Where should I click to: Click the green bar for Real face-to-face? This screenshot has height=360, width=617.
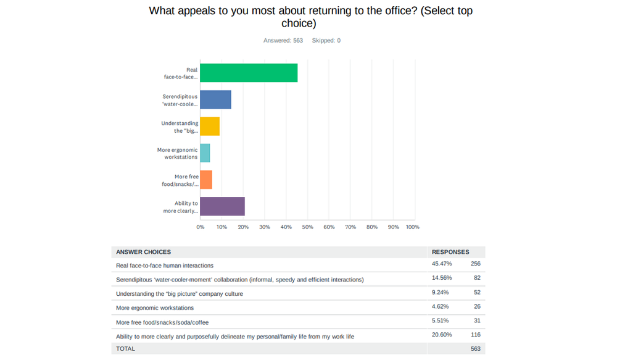point(249,73)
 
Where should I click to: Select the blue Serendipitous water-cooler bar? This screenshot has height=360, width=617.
point(215,99)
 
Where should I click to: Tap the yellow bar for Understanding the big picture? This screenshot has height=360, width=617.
point(210,126)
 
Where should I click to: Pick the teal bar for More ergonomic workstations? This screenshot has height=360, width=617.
point(205,153)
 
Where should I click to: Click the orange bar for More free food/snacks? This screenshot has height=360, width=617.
point(206,180)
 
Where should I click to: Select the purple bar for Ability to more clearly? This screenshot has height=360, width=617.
point(222,206)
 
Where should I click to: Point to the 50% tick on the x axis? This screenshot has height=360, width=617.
point(307,227)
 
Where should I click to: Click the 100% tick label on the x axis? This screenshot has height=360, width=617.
point(412,227)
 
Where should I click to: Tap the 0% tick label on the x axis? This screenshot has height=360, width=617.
point(201,227)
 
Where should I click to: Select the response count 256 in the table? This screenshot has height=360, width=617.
point(474,264)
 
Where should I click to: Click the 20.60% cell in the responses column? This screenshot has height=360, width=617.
point(441,335)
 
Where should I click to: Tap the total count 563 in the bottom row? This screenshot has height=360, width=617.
point(474,349)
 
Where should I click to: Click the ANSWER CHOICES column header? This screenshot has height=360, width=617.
point(143,252)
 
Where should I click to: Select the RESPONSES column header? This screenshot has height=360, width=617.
point(450,252)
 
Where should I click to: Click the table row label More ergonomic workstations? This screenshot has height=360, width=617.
point(155,308)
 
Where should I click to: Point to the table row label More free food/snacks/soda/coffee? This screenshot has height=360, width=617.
point(162,322)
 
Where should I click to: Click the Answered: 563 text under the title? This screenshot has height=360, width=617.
point(283,41)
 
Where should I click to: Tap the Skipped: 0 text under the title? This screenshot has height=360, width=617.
point(326,41)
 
